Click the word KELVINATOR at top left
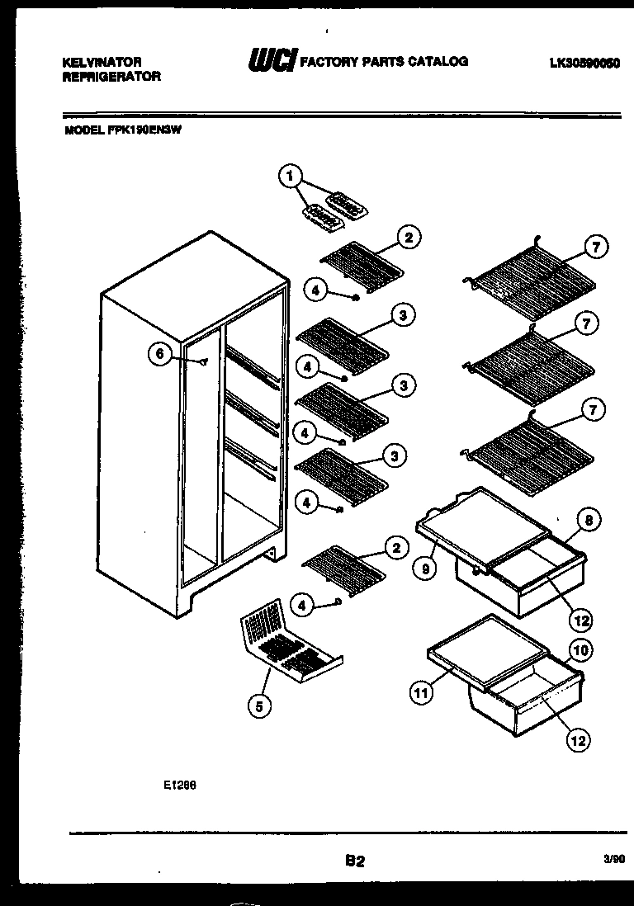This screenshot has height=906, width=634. [102, 62]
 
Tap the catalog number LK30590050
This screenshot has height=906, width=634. [584, 62]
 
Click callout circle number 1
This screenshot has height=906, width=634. [288, 174]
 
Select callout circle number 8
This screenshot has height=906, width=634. [587, 520]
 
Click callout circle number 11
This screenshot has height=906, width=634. [422, 693]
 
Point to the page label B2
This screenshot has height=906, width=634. [355, 861]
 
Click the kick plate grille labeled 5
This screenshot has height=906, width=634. [289, 647]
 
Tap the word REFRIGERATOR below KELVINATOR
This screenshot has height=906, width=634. [111, 76]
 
